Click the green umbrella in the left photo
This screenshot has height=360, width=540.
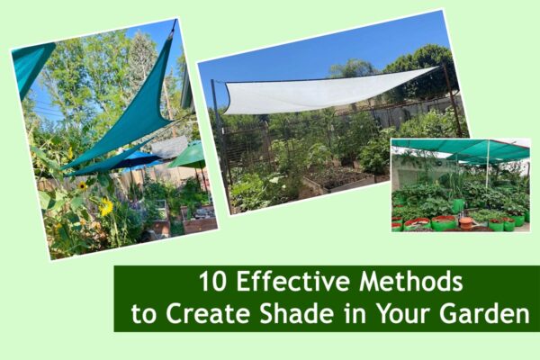[189, 156]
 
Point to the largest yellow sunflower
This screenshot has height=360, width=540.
[106, 207]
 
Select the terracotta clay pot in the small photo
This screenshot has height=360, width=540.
[465, 220]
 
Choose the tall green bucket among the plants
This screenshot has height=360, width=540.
[458, 205]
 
